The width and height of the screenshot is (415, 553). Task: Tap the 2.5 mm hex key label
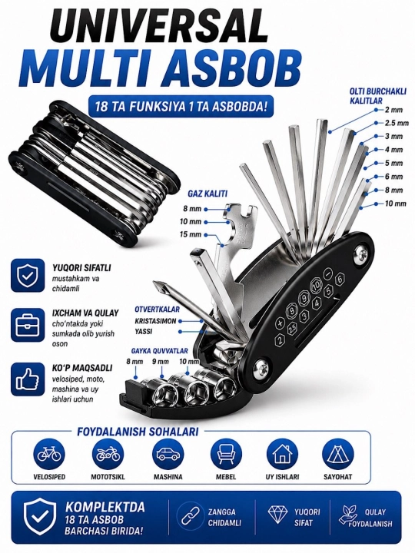[397, 123]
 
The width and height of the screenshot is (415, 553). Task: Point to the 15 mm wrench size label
[191, 234]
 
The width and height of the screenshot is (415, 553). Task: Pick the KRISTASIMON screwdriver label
[155, 321]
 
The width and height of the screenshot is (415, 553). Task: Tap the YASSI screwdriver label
[143, 332]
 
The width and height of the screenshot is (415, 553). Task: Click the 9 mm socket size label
[161, 362]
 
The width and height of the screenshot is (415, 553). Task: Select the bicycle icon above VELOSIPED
[49, 454]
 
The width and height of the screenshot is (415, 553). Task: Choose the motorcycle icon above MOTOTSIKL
[108, 454]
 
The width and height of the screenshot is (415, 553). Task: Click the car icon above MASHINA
[168, 454]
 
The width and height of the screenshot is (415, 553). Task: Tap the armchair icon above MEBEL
[226, 454]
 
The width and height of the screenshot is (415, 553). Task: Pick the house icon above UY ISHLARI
[282, 454]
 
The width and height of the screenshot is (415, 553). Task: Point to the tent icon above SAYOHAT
[337, 454]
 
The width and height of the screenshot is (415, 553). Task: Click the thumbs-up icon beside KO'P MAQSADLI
[28, 379]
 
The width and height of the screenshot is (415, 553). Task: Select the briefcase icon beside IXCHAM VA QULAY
[28, 325]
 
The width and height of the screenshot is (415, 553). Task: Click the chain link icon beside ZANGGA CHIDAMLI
[191, 517]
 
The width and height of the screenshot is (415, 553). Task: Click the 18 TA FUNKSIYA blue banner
[181, 106]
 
